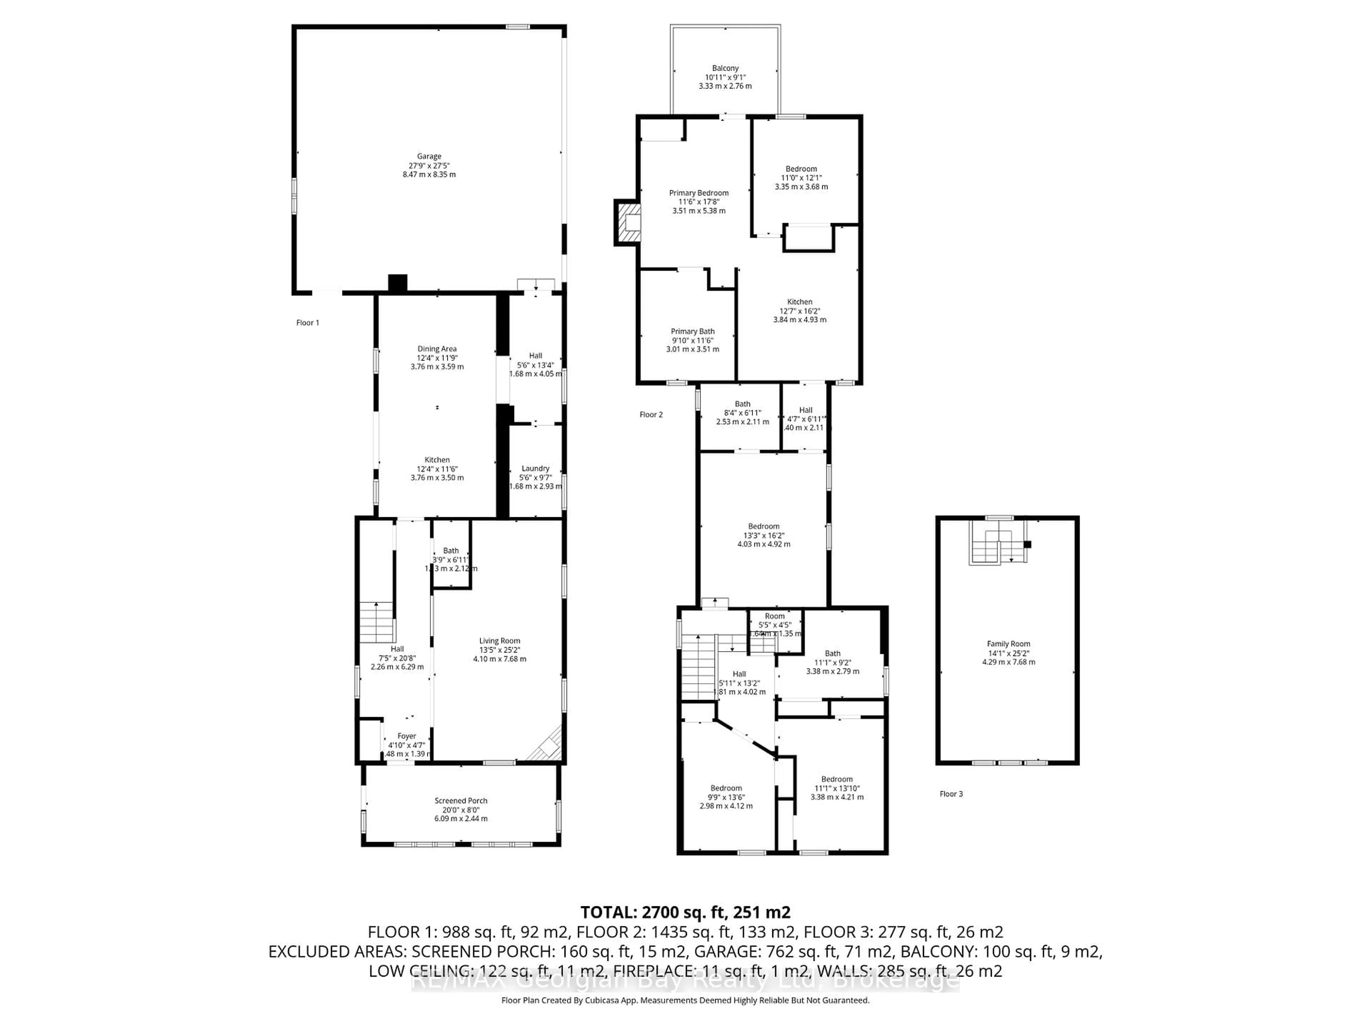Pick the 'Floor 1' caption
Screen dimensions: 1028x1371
coord(307,323)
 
